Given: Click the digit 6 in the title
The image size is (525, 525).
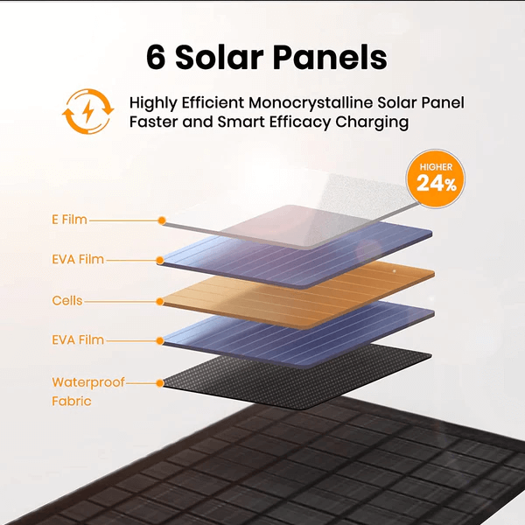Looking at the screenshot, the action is (x=156, y=57).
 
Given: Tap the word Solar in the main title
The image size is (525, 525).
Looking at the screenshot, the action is (x=219, y=57).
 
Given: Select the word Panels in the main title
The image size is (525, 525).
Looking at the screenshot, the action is (x=330, y=57).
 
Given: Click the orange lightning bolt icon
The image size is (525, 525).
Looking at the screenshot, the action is (x=88, y=111).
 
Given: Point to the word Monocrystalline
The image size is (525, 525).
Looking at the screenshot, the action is (x=311, y=102).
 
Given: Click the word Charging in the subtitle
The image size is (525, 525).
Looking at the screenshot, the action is (x=372, y=122).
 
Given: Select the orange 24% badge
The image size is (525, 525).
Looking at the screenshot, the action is (x=435, y=178).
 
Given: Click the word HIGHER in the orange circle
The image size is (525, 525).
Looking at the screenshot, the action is (x=436, y=167).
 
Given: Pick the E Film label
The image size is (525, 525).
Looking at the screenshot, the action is (x=69, y=220).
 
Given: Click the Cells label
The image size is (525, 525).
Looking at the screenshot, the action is (x=67, y=301).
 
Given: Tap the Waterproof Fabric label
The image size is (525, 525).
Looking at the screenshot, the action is (x=88, y=391).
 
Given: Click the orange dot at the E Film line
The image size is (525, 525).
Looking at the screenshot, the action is (x=162, y=220).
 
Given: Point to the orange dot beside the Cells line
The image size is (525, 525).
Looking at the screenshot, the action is (x=160, y=302).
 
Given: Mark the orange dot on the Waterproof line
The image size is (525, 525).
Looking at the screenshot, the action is (x=160, y=383).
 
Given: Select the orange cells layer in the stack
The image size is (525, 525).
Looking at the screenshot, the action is (x=298, y=295).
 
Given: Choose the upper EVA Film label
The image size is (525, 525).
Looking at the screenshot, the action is (x=78, y=260).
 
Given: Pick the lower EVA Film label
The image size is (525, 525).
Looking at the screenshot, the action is (x=78, y=340).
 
